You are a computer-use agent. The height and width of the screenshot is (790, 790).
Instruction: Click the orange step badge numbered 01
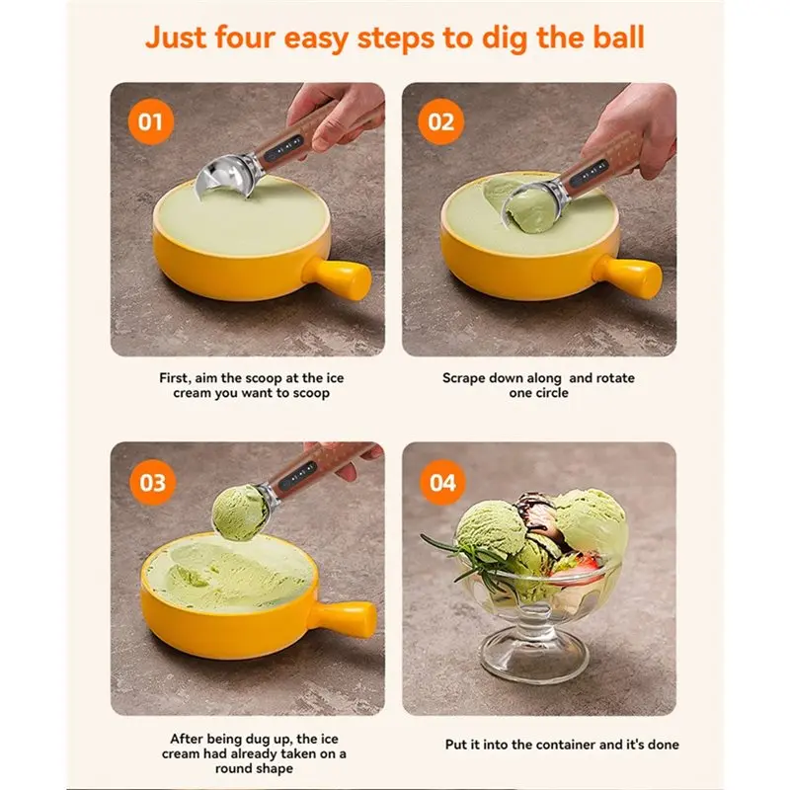149,122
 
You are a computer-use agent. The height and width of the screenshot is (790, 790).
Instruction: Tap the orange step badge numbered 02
440,122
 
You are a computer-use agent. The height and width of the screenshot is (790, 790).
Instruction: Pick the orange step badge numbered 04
440,483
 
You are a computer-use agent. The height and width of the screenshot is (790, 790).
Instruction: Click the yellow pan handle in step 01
345,277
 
